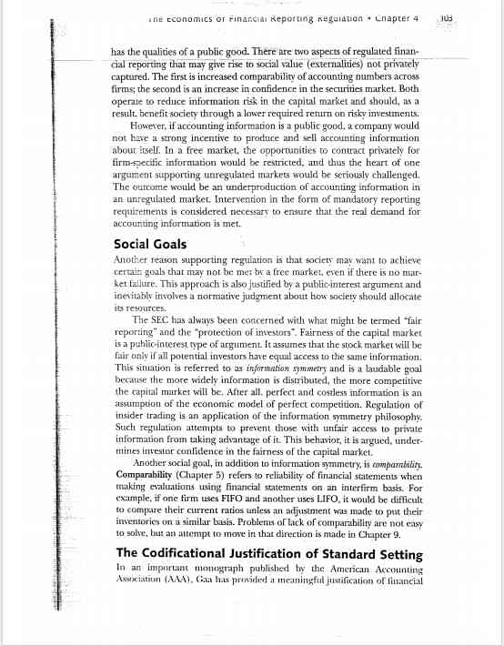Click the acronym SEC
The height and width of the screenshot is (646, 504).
[165, 320]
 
